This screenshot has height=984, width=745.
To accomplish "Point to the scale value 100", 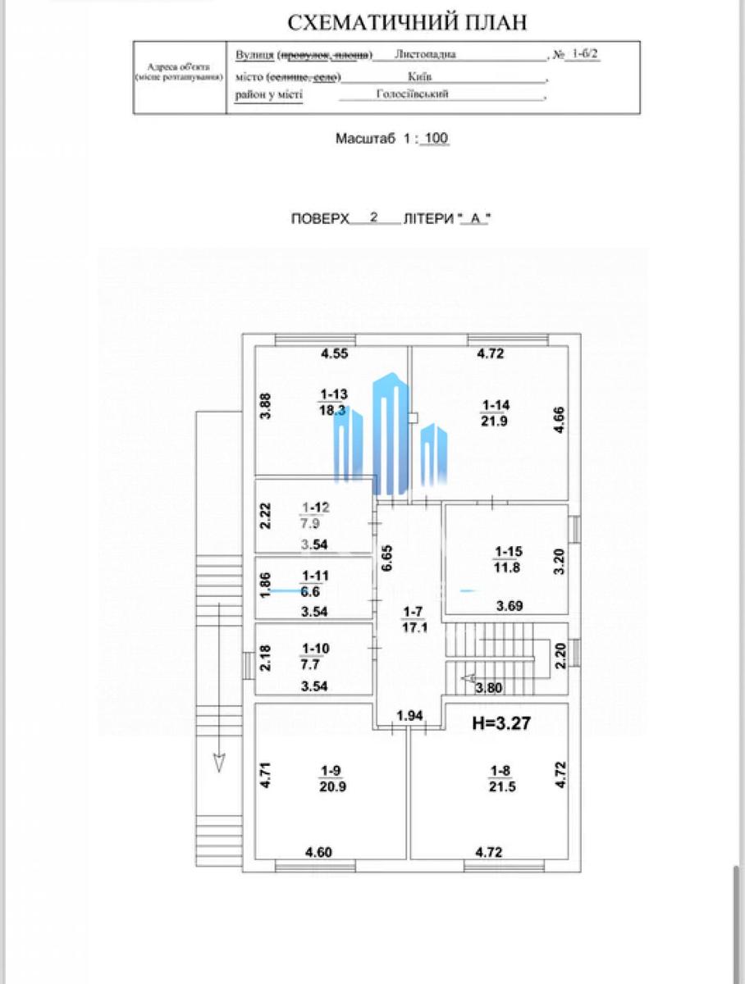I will (x=436, y=139).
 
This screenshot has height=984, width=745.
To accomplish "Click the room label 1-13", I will (x=334, y=394).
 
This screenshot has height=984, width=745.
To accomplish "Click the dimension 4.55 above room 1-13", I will (x=335, y=354).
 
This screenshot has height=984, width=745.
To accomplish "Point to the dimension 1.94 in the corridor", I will (x=410, y=716).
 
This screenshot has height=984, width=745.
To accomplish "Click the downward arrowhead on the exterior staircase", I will (x=219, y=762).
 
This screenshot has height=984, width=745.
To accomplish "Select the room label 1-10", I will (x=316, y=649).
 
